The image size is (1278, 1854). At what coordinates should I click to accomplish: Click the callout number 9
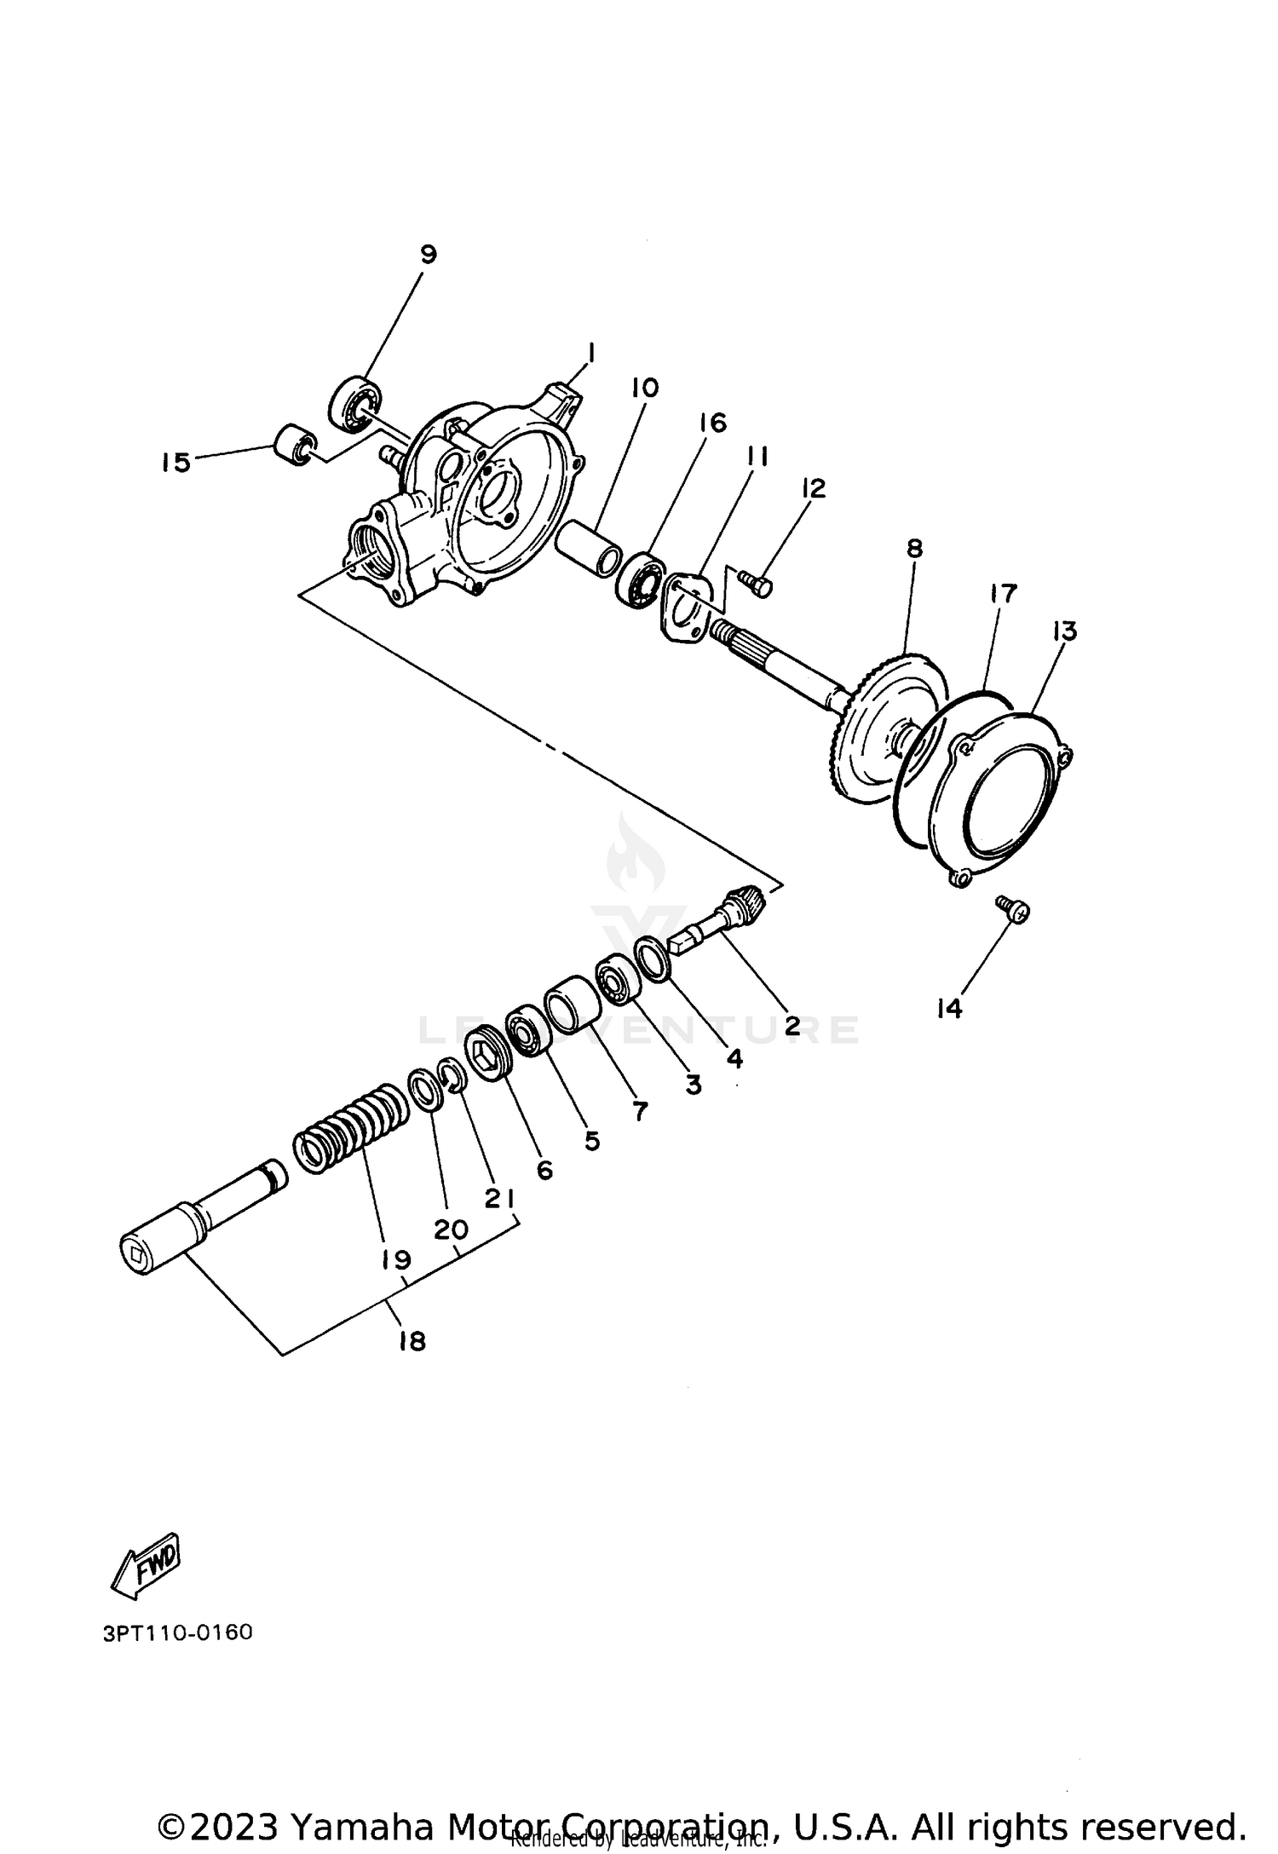click(x=428, y=253)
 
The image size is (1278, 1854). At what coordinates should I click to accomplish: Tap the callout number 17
click(x=1003, y=593)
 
